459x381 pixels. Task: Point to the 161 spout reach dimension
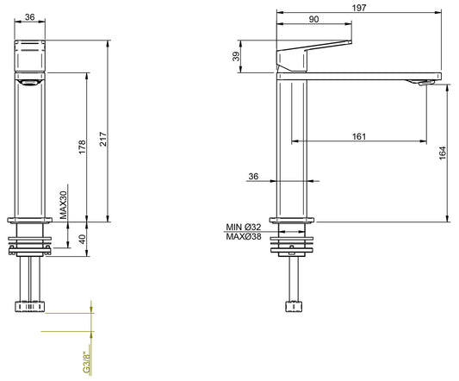point(358,135)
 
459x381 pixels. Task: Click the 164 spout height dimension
point(443,153)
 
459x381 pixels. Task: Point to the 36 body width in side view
point(252,177)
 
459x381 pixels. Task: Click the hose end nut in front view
point(31,306)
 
